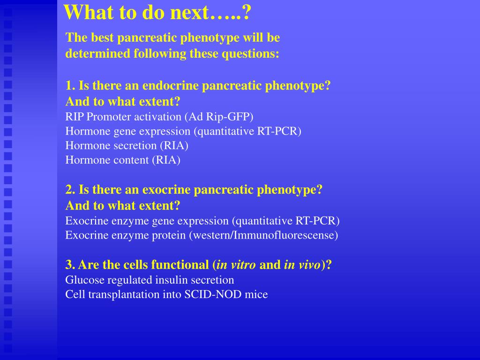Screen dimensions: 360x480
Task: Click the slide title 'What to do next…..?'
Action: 157,13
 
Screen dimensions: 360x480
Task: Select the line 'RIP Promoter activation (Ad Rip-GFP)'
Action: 159,117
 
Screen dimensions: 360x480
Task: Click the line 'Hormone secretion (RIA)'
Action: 127,146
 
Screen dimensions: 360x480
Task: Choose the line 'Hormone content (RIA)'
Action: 123,160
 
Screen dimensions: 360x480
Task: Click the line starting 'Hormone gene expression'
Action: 183,131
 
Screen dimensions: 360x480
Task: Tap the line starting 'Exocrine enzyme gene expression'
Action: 202,221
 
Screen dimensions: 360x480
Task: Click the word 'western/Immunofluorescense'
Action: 263,235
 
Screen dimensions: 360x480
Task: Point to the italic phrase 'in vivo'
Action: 302,265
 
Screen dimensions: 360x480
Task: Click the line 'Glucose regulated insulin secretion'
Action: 150,280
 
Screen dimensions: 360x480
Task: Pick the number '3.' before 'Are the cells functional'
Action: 70,265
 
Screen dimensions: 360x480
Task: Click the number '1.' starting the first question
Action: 70,86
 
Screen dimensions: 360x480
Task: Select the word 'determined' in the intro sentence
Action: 97,54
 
